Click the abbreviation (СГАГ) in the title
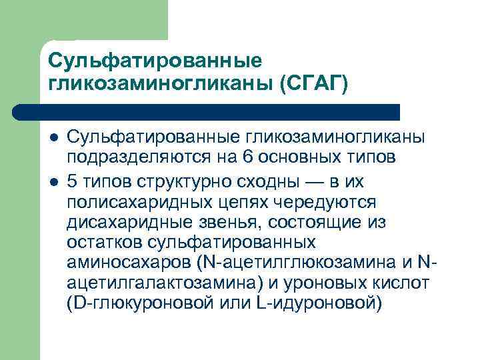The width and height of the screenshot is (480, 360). coord(313,83)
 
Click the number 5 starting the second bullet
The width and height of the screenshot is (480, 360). coord(72,181)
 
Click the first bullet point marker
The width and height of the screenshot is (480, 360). coord(53,137)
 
